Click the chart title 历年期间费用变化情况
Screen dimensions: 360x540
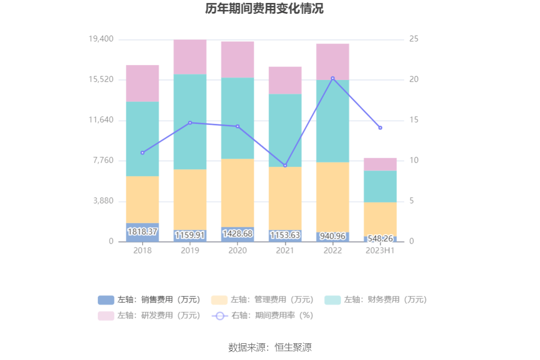pyautogui.click(x=265, y=9)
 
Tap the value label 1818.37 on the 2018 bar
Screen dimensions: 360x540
pyautogui.click(x=142, y=232)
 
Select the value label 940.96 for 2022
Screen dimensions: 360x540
pyautogui.click(x=333, y=236)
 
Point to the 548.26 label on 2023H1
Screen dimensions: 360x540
pyautogui.click(x=380, y=239)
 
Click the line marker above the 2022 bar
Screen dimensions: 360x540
pyautogui.click(x=333, y=78)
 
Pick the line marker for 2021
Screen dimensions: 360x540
pyautogui.click(x=285, y=166)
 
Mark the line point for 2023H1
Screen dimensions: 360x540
pyautogui.click(x=380, y=128)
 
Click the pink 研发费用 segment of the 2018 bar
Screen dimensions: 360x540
pyautogui.click(x=142, y=83)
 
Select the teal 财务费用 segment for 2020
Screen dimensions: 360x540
pyautogui.click(x=237, y=118)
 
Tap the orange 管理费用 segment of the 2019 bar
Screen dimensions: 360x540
pyautogui.click(x=190, y=199)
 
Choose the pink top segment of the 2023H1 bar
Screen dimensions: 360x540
pyautogui.click(x=380, y=164)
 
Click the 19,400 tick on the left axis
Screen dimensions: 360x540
pyautogui.click(x=101, y=39)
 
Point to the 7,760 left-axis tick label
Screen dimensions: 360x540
pyautogui.click(x=103, y=160)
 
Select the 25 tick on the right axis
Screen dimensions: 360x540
pyautogui.click(x=414, y=39)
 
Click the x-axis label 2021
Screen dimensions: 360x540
pyautogui.click(x=285, y=251)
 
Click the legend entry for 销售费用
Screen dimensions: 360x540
pyautogui.click(x=150, y=300)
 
